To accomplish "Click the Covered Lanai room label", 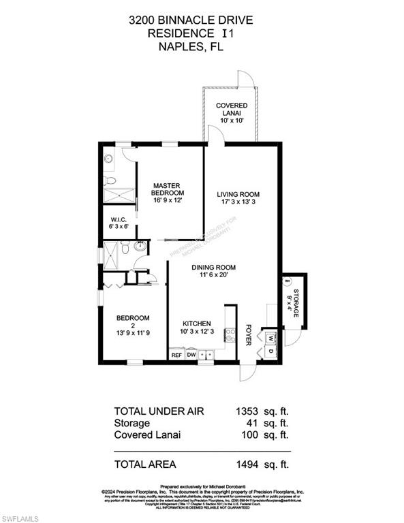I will coord(231,113).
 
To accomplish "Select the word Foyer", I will coord(249,334).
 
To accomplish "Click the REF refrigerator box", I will coord(176,354).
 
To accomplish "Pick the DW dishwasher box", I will coord(191,354).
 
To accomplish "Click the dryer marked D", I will coord(269,351).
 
